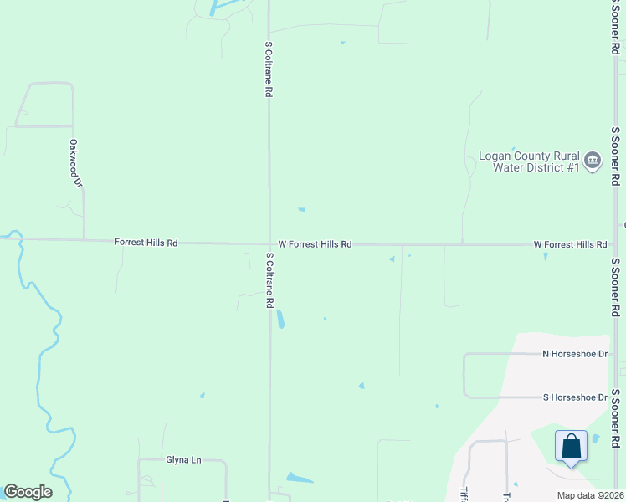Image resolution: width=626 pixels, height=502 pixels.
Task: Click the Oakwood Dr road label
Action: (76, 163)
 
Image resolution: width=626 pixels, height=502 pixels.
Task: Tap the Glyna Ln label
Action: (184, 459)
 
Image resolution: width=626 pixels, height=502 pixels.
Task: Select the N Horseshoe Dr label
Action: (574, 354)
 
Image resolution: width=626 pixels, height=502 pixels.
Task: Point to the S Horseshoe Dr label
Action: (574, 397)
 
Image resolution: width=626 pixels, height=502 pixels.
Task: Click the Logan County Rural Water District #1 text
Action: (529, 161)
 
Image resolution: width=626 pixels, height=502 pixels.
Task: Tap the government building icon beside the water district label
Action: (593, 160)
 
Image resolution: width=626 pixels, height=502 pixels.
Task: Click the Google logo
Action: (28, 492)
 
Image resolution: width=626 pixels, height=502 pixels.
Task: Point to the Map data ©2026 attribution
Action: (590, 495)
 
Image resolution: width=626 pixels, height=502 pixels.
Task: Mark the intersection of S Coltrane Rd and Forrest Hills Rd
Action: (269, 243)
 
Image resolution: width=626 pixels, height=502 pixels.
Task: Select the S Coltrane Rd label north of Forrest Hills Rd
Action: (269, 70)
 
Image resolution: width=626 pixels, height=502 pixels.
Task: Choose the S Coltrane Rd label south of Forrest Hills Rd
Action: (269, 281)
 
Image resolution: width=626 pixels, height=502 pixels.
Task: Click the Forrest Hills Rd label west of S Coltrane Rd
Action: (146, 243)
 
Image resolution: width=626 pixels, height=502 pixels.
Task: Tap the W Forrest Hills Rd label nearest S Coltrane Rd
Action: (315, 244)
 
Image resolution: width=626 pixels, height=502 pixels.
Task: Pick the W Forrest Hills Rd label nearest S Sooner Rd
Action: (570, 244)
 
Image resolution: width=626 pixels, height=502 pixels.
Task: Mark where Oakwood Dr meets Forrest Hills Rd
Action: (84, 240)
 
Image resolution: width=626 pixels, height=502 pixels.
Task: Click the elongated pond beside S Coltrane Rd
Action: (280, 320)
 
